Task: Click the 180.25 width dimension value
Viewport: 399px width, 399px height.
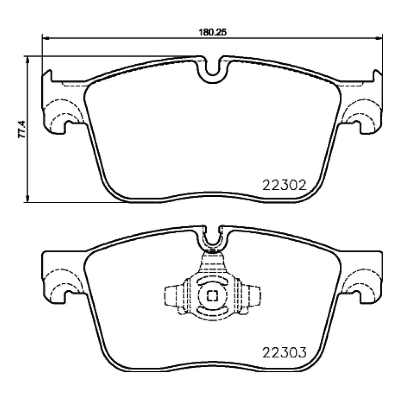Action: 212,32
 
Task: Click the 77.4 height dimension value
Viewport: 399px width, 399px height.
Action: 22,129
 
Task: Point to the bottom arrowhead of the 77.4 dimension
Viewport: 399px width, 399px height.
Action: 27,199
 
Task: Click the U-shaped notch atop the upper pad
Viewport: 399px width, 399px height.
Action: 212,70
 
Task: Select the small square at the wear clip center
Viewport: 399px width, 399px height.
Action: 212,296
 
